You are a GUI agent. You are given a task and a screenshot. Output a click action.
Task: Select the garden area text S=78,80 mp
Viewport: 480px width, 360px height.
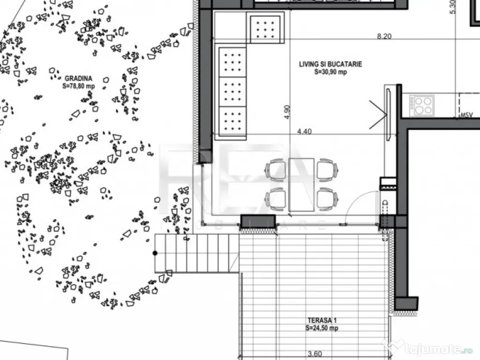(78, 86)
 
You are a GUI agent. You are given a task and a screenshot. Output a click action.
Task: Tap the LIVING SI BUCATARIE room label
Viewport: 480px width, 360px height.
(330, 64)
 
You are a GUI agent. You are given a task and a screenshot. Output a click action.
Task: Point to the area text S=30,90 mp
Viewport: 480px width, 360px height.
(330, 72)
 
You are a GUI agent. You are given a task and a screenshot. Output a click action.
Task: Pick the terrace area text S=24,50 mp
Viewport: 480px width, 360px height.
(322, 328)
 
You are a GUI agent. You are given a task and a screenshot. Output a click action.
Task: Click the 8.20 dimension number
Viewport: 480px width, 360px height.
(384, 36)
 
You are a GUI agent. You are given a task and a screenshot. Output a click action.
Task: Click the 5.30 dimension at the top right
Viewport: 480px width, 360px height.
(452, 7)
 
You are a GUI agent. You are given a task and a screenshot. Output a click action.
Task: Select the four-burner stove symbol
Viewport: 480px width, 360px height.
(422, 105)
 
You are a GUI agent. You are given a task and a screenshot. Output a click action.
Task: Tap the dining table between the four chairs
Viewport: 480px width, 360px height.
(301, 184)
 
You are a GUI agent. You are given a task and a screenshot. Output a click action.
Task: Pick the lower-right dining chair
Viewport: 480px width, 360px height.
(327, 198)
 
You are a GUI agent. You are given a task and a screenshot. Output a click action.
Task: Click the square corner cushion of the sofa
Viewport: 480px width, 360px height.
(265, 28)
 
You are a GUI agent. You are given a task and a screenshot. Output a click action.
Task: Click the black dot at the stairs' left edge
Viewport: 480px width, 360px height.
(155, 253)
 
